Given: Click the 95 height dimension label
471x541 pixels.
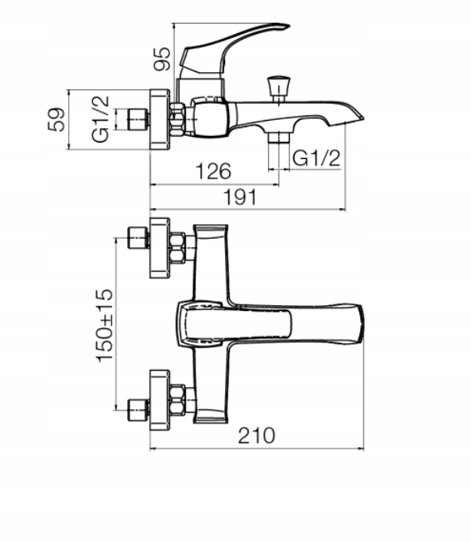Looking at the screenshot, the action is coord(162,58).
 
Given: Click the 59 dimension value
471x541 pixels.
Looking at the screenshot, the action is coord(56,120).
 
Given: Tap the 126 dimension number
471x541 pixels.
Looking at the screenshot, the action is coord(213,171).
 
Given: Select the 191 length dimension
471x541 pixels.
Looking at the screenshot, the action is coord(240,198).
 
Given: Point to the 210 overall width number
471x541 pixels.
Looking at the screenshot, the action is coord(257,436).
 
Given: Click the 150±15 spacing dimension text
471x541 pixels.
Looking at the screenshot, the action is coord(104,326).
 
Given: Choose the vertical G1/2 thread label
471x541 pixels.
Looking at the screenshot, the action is coord(100,119).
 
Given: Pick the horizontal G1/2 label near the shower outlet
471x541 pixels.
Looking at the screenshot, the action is coord(316,159).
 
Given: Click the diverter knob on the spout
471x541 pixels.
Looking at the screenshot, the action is coord(278,88).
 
